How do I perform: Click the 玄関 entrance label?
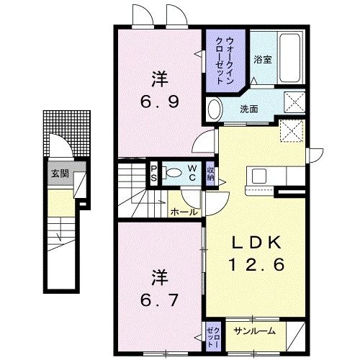58,174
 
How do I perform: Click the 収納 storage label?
211,173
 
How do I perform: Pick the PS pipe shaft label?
153,173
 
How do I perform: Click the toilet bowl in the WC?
174,173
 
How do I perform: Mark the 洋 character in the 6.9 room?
159,77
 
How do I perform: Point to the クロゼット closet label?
214,331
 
